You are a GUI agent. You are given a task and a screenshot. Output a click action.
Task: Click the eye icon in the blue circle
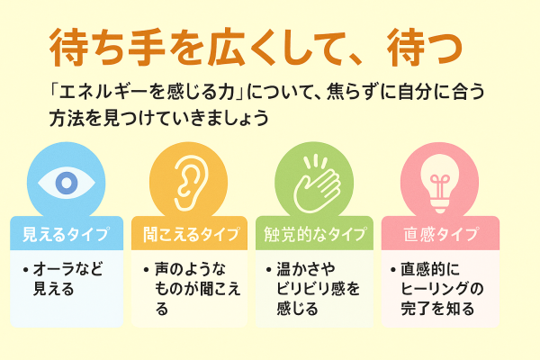click(x=64, y=183)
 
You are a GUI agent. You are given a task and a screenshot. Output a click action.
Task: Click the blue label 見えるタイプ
click(x=65, y=235)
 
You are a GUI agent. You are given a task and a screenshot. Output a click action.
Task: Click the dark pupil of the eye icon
click(x=64, y=183)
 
